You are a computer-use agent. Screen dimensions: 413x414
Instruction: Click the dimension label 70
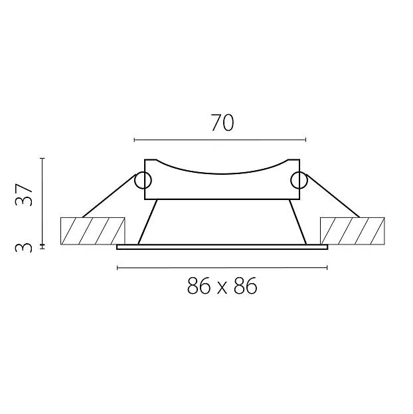coord(222,123)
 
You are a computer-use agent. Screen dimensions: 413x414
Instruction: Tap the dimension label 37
coord(24,195)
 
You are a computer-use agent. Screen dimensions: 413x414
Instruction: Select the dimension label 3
coord(24,248)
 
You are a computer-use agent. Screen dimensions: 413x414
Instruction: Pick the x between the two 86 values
coord(222,288)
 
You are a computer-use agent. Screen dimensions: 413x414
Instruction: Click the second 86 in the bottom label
coord(245,286)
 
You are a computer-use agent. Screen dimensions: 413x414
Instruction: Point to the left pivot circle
coord(143,180)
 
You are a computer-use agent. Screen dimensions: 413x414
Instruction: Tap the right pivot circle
coord(299,180)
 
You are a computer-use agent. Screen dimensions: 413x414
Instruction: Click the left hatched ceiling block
coord(93,231)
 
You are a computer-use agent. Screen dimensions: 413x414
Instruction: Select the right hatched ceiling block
coord(353,231)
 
